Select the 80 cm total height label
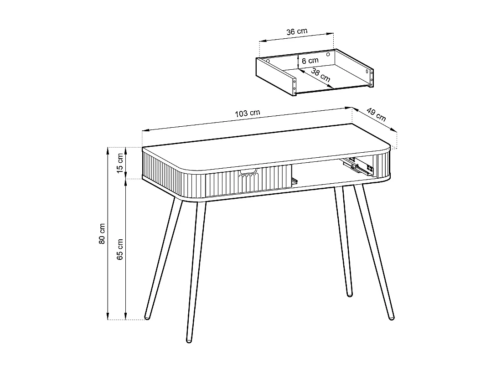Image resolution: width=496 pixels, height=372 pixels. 102,233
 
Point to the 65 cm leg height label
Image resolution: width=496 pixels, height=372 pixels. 120,249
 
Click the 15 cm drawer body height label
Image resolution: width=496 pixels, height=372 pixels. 120,163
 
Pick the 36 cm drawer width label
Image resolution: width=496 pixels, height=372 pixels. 297,32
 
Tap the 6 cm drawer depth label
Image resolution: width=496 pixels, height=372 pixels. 310,61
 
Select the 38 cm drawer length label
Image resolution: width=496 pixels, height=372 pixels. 321,74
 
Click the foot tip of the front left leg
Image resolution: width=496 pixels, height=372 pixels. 189,340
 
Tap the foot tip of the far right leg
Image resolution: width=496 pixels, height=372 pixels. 391,317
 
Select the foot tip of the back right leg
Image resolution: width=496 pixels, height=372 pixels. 350,294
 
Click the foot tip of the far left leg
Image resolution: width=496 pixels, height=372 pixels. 147,317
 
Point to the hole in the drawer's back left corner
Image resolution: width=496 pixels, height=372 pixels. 269,61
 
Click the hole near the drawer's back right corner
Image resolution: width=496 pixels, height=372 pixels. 328,55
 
